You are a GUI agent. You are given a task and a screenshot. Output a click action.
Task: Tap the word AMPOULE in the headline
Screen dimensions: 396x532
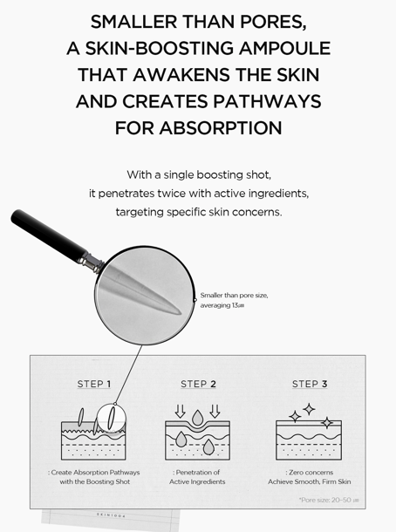coord(284,48)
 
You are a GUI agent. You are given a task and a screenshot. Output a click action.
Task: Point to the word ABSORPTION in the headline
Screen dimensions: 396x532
coord(221,128)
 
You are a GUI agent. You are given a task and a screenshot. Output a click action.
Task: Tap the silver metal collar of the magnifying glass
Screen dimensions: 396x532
coord(92,263)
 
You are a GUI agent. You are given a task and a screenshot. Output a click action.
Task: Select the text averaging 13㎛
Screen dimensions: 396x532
coord(222,305)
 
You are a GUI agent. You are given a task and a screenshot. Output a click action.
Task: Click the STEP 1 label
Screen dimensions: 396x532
coord(93,384)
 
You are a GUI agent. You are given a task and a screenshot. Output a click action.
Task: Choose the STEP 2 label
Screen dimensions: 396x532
coord(198,384)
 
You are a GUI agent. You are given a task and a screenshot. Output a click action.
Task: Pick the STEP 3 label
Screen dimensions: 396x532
coord(310,384)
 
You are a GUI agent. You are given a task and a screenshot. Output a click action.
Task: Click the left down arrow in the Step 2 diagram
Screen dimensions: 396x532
coord(180,412)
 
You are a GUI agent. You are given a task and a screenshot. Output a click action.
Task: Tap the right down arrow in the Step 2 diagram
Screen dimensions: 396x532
coord(215,412)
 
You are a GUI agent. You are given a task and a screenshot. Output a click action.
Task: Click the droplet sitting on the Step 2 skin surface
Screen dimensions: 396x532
coord(197,418)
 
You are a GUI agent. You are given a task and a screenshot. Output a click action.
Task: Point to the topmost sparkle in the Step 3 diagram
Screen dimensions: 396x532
coord(309,409)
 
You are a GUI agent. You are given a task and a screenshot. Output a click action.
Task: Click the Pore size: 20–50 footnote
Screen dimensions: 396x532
coord(329,500)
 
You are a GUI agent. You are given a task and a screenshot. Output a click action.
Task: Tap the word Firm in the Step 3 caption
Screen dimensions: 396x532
coord(330,481)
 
